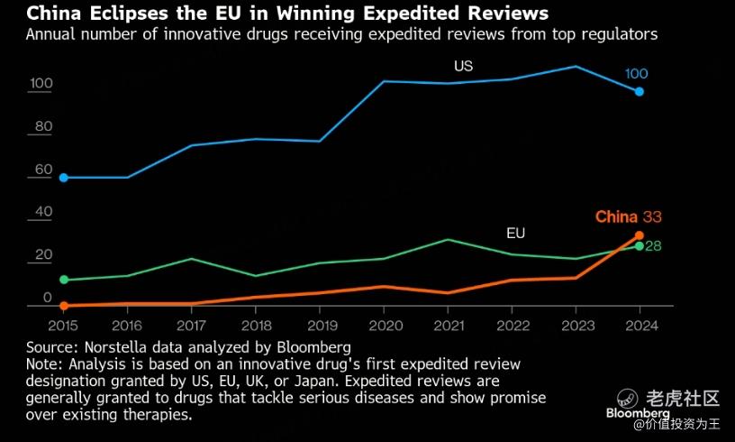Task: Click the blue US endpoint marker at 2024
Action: pos(640,91)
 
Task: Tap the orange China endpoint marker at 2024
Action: pos(640,235)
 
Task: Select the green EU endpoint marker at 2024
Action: pos(640,245)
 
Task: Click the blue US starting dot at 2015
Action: pos(63,178)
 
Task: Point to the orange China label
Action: pos(616,216)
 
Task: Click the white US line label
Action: pos(463,66)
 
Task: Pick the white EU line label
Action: pos(515,233)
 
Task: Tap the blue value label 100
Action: pos(637,73)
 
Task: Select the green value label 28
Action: pos(654,245)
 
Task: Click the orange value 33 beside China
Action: pos(653,216)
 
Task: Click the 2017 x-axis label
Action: pos(191,325)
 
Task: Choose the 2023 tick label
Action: pos(576,325)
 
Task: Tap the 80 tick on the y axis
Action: pos(43,126)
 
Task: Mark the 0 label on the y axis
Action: pos(48,298)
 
